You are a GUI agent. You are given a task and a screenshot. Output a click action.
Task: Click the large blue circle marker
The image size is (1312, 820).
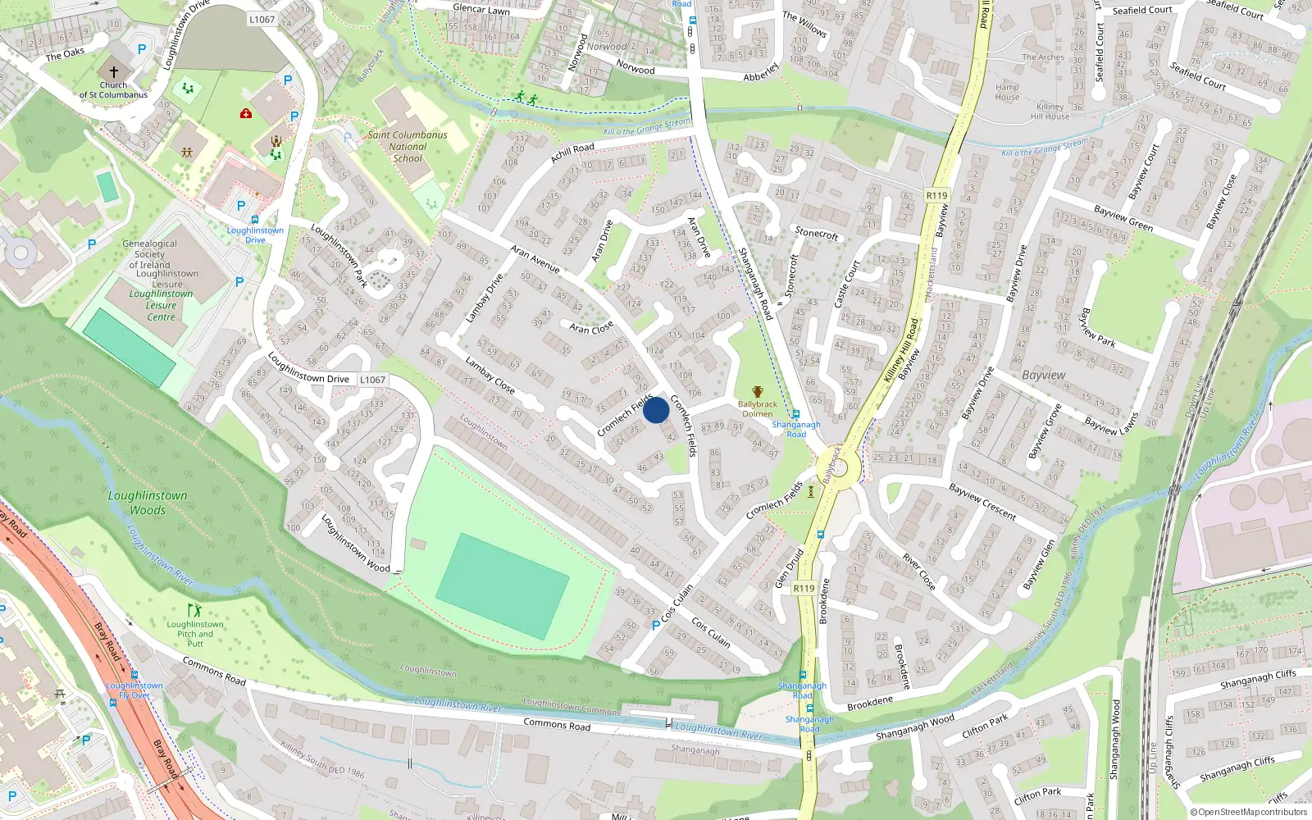[656, 410]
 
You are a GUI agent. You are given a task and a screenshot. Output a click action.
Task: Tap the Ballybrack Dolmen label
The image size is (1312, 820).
[757, 408]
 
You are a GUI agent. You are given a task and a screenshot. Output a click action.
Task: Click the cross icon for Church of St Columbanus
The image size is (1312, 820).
[114, 71]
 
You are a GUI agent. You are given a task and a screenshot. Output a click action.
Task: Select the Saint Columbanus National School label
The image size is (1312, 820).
[408, 147]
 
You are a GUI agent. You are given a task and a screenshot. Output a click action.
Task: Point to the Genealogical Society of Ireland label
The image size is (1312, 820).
[149, 254]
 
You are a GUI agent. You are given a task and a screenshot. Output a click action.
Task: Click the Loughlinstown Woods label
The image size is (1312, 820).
[148, 503]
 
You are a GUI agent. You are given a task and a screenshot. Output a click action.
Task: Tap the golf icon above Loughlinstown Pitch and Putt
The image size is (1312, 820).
[194, 611]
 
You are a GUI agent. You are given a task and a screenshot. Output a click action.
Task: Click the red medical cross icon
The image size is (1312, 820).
[246, 113]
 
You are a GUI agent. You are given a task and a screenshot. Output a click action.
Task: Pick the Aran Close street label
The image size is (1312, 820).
[591, 328]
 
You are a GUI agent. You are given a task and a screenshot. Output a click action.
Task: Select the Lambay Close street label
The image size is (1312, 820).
[490, 375]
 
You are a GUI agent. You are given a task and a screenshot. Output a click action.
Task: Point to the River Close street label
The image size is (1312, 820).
[918, 571]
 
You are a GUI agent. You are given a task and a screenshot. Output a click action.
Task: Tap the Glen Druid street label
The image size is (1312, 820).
[789, 568]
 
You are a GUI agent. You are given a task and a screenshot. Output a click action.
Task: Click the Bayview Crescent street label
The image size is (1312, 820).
[982, 502]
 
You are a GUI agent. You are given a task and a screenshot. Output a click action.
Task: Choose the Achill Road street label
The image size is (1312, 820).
[572, 153]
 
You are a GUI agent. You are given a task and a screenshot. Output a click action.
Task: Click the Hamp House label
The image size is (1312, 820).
[1007, 92]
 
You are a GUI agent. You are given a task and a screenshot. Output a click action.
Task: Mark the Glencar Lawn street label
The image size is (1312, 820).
[481, 9]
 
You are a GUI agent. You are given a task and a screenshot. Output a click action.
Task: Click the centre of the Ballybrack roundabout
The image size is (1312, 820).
[837, 469]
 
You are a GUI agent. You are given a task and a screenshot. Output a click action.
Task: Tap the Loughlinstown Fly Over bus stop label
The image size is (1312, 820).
[134, 690]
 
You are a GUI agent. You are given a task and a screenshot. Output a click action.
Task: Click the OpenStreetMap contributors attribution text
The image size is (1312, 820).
[1249, 812]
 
